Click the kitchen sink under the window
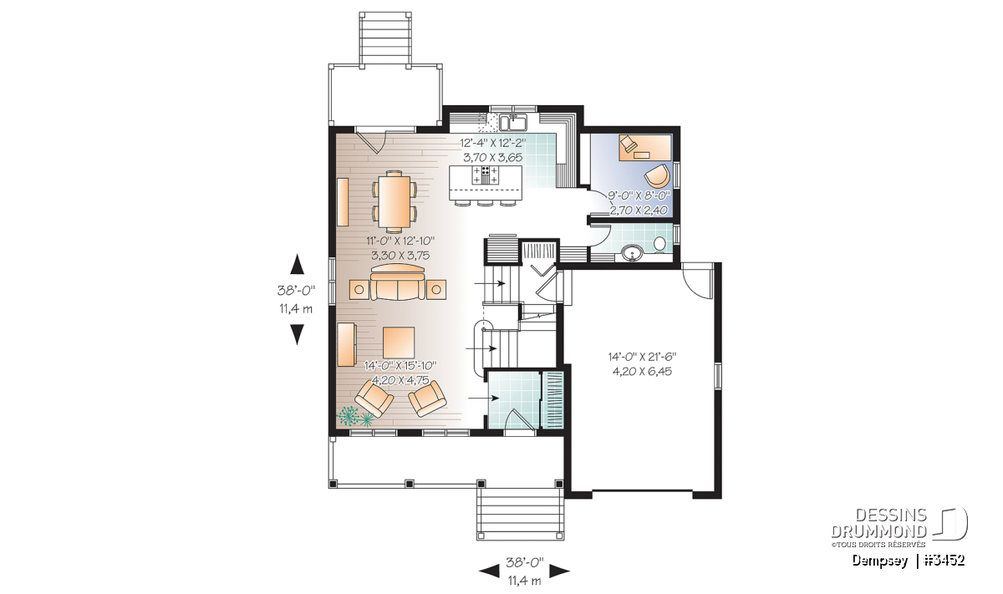514,122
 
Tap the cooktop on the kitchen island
485,175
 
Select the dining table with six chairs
395,201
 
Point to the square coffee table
398,343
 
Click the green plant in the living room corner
355,416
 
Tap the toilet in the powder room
659,245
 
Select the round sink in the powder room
631,253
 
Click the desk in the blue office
644,147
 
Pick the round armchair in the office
657,176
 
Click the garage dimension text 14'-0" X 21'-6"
642,358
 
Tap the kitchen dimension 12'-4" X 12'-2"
493,143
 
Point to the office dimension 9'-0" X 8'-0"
638,195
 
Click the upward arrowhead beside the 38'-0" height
297,264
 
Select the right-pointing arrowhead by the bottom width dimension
560,571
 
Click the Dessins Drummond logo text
878,523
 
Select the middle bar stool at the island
485,204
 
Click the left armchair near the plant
374,398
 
